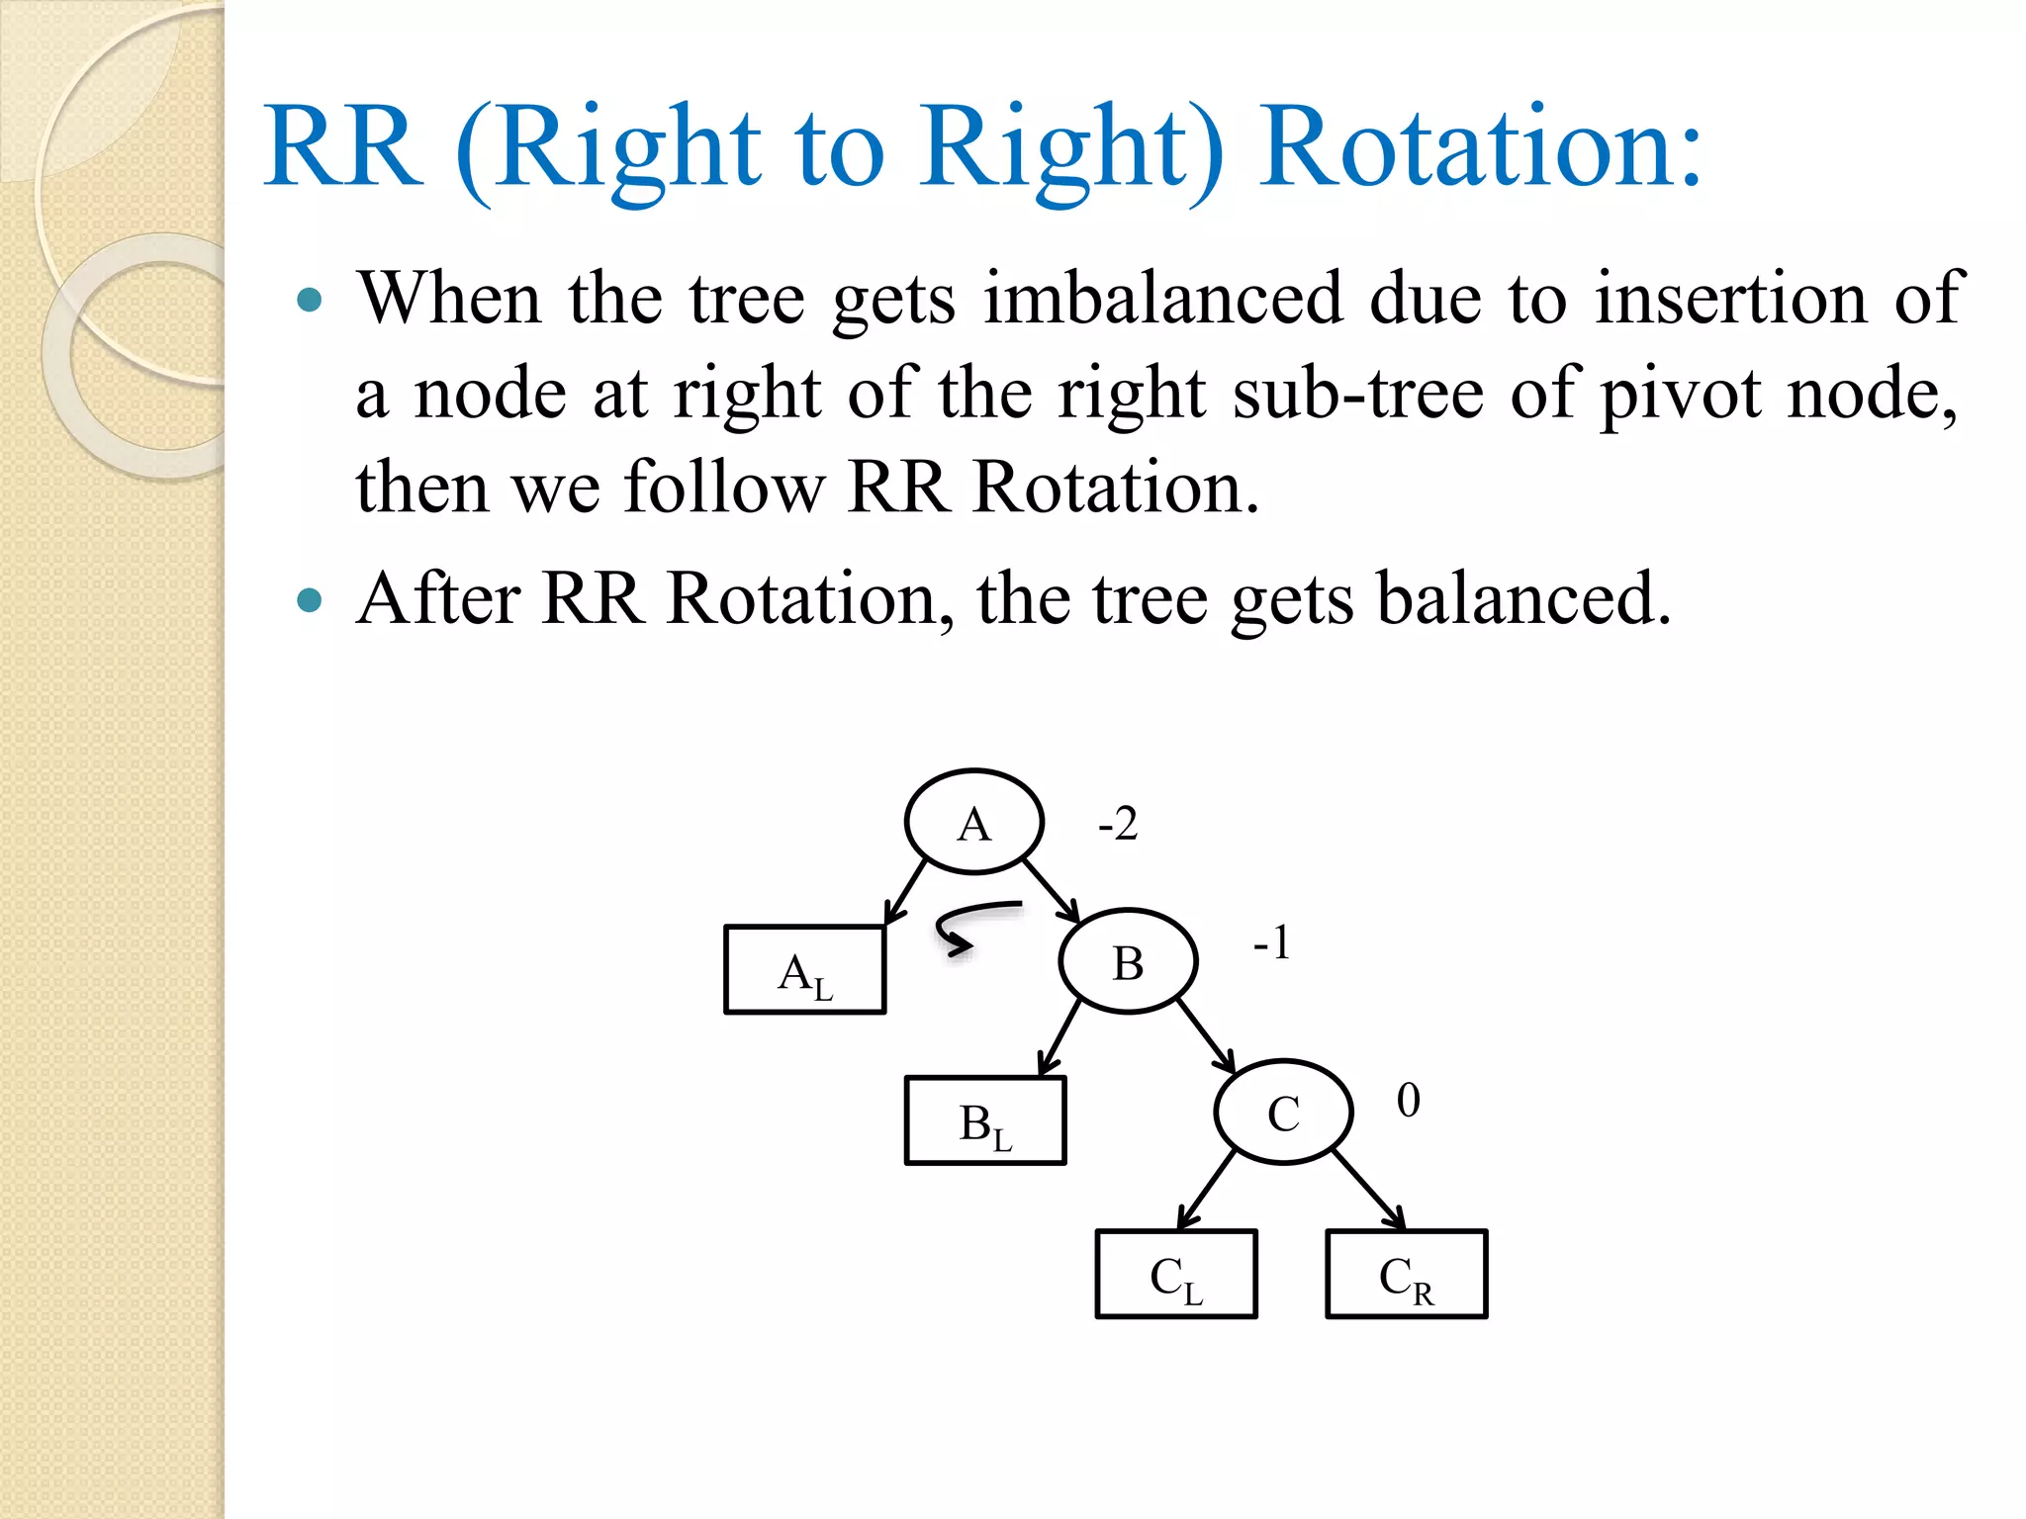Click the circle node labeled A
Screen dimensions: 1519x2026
974,822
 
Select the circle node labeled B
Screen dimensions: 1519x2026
1128,961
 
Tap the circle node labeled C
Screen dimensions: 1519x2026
1283,1113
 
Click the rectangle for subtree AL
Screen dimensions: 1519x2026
805,970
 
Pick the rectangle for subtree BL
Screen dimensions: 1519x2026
985,1121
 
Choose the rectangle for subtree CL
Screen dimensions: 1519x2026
1176,1275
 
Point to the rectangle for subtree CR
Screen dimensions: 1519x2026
1406,1275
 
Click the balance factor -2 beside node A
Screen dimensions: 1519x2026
1118,824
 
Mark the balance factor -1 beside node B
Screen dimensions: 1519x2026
1272,942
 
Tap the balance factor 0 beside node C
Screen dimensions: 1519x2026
1408,1100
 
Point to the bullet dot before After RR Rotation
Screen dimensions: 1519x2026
310,599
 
